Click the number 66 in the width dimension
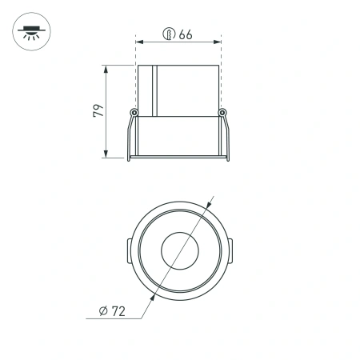[186, 34]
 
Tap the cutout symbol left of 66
[169, 34]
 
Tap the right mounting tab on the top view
[230, 251]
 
